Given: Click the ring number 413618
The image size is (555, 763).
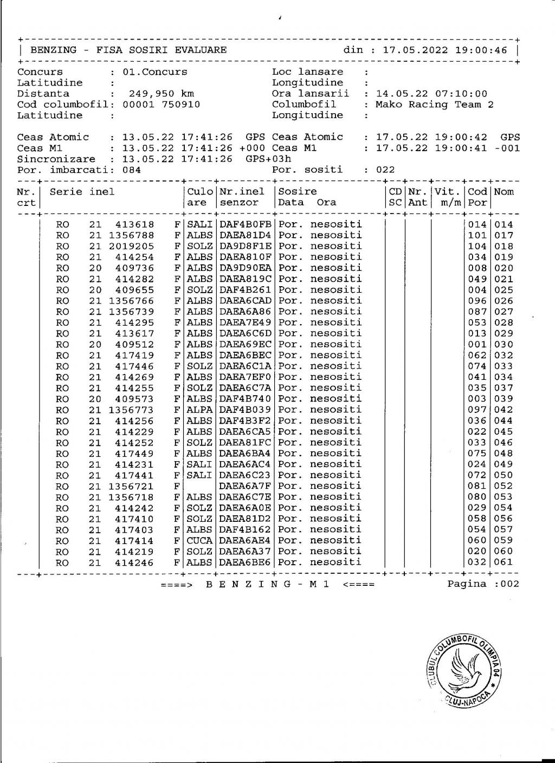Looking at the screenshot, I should point(134,224).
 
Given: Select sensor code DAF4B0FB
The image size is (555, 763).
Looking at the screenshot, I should point(246,224).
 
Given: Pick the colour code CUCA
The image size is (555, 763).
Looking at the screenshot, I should point(199,540).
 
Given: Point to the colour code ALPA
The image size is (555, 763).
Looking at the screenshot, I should point(199,410).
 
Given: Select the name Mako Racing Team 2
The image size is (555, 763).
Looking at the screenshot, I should point(435,105).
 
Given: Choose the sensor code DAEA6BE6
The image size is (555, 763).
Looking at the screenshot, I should point(246,562).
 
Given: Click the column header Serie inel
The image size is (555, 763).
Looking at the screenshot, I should point(82,192).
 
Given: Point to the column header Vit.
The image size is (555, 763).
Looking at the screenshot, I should point(447,192).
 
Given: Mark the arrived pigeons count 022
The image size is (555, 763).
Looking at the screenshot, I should point(385,170).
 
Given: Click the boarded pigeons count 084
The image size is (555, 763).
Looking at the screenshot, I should point(132,170).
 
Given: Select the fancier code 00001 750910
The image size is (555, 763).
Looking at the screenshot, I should point(162,105).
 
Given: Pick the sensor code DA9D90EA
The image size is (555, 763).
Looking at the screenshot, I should point(246,268).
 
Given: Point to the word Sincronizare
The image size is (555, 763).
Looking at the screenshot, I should point(56,159).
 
